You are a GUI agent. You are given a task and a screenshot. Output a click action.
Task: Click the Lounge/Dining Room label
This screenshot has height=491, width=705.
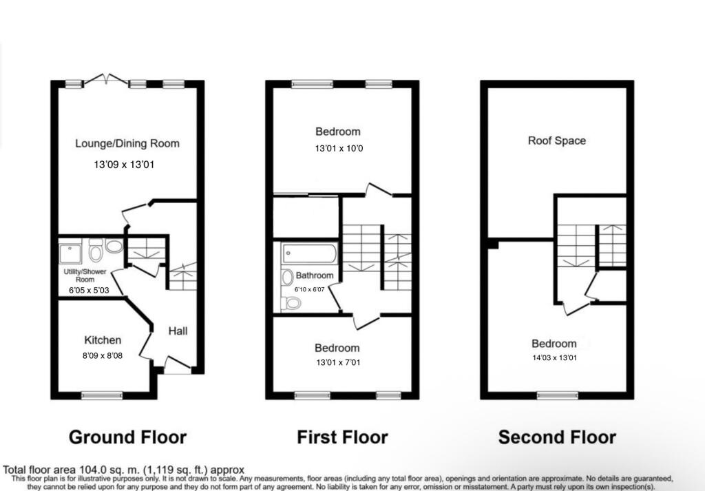click(x=127, y=144)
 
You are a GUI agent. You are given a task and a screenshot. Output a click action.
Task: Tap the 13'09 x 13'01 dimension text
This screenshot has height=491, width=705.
click(x=128, y=165)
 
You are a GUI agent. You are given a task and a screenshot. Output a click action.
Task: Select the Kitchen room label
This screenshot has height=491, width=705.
click(x=103, y=340)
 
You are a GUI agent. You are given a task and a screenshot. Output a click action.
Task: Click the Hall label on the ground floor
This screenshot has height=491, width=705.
click(x=178, y=331)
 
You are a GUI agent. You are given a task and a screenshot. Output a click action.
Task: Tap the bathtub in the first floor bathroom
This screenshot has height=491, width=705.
click(x=309, y=254)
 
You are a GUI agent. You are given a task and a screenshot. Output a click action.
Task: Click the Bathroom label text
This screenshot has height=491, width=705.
click(x=315, y=275)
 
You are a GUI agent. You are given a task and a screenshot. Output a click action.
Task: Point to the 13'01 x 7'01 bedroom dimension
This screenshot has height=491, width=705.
click(x=337, y=362)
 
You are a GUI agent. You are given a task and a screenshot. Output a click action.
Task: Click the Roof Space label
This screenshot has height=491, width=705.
click(x=557, y=140)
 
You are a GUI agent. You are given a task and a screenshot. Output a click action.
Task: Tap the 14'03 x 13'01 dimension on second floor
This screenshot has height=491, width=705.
click(x=554, y=359)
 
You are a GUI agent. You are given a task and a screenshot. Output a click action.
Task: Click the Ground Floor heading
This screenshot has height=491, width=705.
click(x=128, y=437)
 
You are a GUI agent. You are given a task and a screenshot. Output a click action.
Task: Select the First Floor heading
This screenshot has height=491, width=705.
click(x=342, y=437)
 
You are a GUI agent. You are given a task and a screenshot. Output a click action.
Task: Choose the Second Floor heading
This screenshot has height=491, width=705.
click(x=557, y=437)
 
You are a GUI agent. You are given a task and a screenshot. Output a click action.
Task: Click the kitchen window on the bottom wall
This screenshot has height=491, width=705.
click(x=96, y=395)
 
